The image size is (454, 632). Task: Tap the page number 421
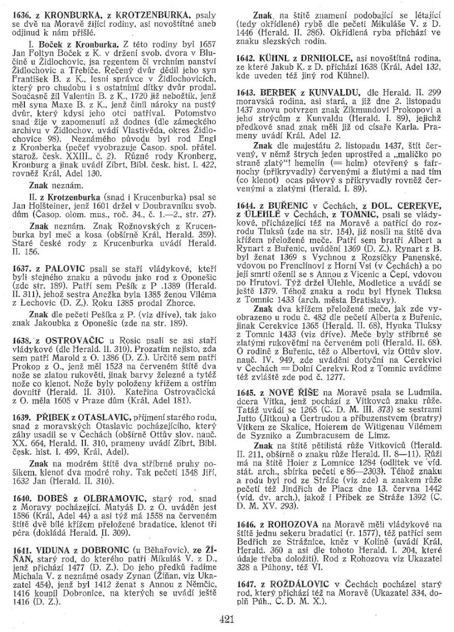(x=226, y=619)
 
